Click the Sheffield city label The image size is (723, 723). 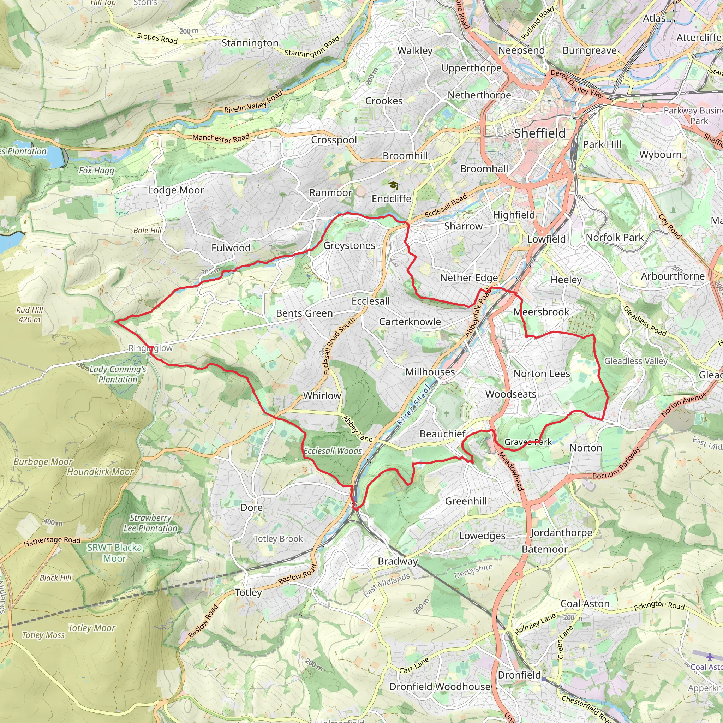coord(539,133)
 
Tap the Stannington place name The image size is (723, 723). coord(250,43)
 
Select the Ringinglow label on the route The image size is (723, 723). coord(150,348)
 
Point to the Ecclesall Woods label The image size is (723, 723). coord(333,451)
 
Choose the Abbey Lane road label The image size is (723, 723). coord(357,429)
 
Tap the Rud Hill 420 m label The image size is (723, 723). coord(30,315)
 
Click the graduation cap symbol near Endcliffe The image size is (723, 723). coord(393,185)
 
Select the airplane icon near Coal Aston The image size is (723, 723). coord(710,656)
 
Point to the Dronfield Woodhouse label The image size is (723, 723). coord(440,687)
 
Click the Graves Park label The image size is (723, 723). coord(528,442)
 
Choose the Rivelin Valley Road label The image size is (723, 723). coord(253,102)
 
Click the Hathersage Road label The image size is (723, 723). coord(52,541)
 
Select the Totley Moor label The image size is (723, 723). coord(92,628)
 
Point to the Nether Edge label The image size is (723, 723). coord(469,278)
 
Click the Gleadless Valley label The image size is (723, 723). coord(636,361)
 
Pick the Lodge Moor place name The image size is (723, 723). coord(175,190)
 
